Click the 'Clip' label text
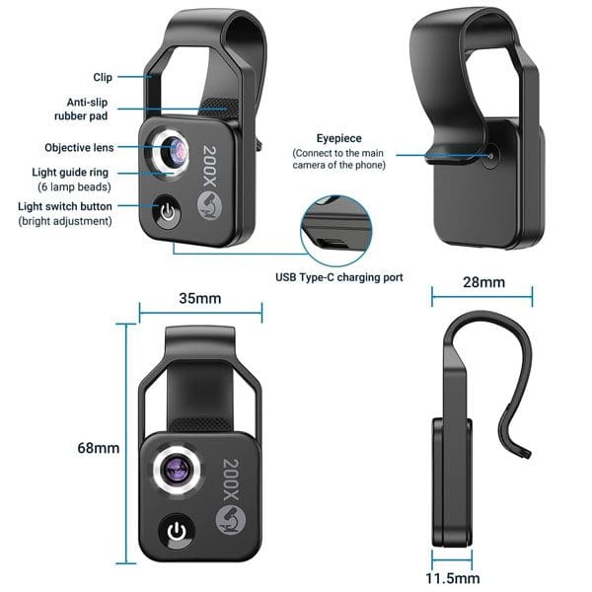pyautogui.click(x=103, y=77)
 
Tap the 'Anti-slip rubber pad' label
pyautogui.click(x=81, y=110)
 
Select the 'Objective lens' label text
pyautogui.click(x=79, y=148)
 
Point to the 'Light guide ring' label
pyautogui.click(x=70, y=173)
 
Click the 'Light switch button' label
pyautogui.click(x=65, y=206)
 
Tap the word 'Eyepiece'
pyautogui.click(x=339, y=138)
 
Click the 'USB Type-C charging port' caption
pyautogui.click(x=339, y=277)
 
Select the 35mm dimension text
pyautogui.click(x=200, y=298)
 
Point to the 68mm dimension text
pyautogui.click(x=98, y=448)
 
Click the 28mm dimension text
pyautogui.click(x=484, y=282)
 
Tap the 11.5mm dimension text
pyautogui.click(x=453, y=578)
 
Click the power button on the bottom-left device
pyautogui.click(x=177, y=532)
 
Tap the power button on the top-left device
pyautogui.click(x=168, y=212)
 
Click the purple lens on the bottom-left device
pyautogui.click(x=177, y=471)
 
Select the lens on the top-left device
pyautogui.click(x=174, y=150)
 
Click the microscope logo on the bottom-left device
pyautogui.click(x=231, y=520)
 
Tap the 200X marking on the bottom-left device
pyautogui.click(x=231, y=480)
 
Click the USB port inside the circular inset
pyautogui.click(x=332, y=243)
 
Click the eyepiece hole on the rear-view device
pyautogui.click(x=490, y=156)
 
